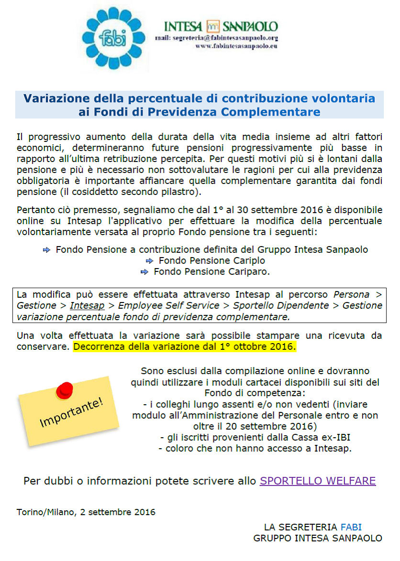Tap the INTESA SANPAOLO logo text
221,26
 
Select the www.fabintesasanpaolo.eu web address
237,46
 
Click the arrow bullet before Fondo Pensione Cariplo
149,261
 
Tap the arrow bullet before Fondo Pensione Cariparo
144,272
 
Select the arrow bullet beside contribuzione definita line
46,250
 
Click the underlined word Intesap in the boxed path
87,305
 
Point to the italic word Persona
352,294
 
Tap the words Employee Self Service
168,305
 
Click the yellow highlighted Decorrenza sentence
185,347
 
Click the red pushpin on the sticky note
64,391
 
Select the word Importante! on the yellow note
71,411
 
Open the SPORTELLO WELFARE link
318,481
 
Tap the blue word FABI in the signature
351,527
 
